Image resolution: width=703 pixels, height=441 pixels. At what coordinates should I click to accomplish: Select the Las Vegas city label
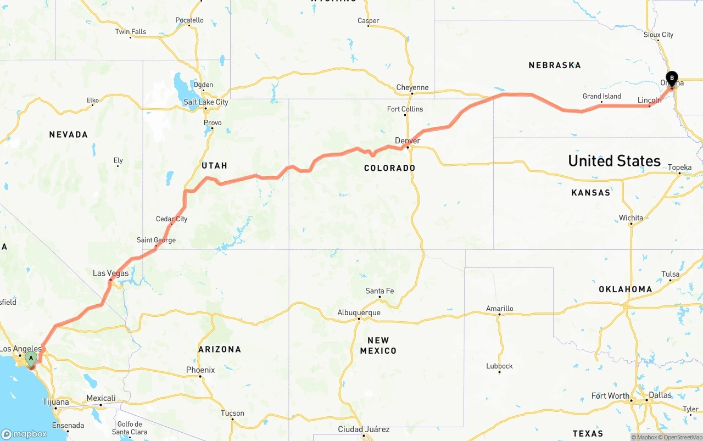coord(110,273)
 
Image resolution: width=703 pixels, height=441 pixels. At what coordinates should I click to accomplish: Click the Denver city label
coord(408,141)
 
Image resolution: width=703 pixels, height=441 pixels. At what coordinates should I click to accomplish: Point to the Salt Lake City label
coord(206,102)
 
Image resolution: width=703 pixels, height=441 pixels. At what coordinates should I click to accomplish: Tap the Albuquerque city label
coord(359,313)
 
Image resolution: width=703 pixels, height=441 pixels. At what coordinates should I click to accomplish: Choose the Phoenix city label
coord(200,370)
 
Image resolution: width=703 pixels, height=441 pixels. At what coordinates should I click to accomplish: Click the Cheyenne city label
coord(412,87)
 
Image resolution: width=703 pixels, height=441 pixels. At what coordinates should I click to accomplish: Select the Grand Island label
coord(602,96)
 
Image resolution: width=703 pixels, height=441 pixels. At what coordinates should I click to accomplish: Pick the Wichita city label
coord(631,218)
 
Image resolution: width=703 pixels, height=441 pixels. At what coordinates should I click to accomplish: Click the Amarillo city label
coord(500,309)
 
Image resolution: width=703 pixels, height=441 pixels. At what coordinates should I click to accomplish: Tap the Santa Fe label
coord(380,291)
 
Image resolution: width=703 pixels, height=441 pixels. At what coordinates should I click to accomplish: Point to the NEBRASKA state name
coord(555,65)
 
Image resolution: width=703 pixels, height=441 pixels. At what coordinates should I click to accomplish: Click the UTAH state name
coord(214,165)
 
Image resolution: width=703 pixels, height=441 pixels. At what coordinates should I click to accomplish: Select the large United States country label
coord(614,161)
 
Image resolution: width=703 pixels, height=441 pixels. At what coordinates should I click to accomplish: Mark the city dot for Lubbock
coord(499,372)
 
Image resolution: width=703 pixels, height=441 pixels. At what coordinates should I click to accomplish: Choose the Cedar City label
coord(171,219)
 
